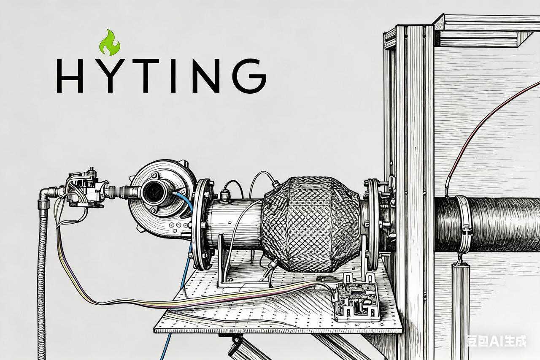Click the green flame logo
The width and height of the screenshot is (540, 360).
click(x=110, y=43)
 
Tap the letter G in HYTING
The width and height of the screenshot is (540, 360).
click(x=249, y=76)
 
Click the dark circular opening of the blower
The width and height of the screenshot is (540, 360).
click(x=154, y=193)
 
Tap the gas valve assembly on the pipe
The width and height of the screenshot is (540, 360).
click(x=86, y=188)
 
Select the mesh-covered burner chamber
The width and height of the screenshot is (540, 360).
click(x=311, y=224)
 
